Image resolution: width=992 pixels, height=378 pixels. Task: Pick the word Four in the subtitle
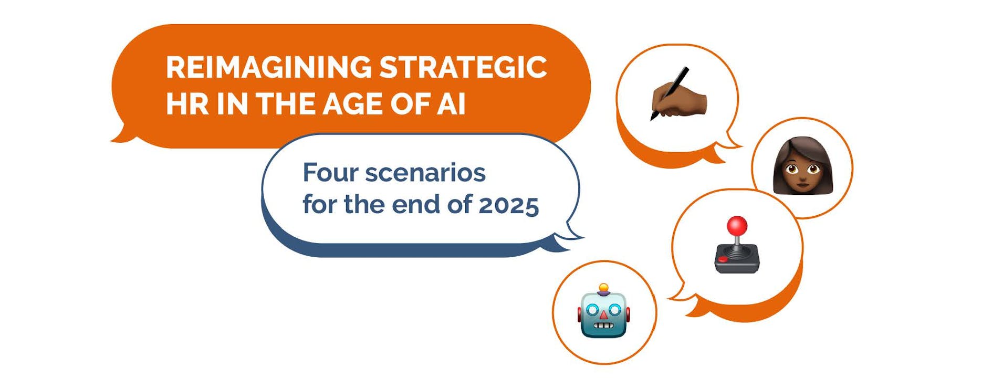(330, 173)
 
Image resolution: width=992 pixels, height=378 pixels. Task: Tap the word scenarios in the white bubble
(425, 173)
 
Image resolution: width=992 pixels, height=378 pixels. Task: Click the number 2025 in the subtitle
(508, 205)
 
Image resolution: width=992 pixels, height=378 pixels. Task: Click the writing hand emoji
(678, 94)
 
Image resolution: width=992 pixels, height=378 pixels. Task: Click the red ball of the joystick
(737, 226)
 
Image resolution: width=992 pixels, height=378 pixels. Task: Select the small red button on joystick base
(723, 259)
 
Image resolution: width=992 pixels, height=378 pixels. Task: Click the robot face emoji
(604, 311)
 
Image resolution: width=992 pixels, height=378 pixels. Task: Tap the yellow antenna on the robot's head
(604, 288)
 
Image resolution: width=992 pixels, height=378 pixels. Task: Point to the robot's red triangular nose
(604, 314)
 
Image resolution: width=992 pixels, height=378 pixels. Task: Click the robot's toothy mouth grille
(604, 326)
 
